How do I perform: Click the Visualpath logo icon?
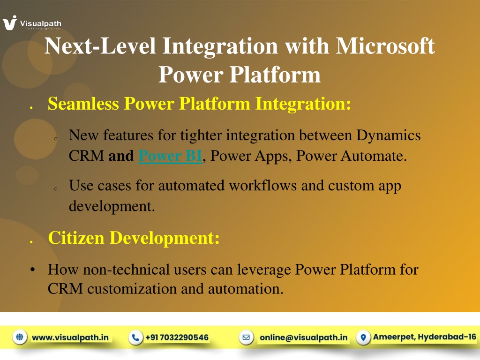tap(10, 23)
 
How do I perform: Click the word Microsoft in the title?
tap(385, 46)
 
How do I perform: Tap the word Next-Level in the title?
tap(100, 46)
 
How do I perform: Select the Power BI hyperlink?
tap(170, 156)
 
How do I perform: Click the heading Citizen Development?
tap(134, 238)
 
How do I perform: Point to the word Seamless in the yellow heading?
tap(83, 104)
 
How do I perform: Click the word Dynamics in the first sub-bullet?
tap(389, 135)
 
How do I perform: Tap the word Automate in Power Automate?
tap(374, 156)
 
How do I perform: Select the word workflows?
tap(262, 186)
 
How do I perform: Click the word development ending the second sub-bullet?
tap(112, 206)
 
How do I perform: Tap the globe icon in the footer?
tap(20, 337)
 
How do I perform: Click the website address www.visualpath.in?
tap(70, 337)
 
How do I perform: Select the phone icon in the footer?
tap(135, 337)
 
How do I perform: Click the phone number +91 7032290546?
tap(177, 337)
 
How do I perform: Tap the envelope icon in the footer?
tap(246, 337)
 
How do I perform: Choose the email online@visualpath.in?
tap(303, 337)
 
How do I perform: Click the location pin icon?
tap(363, 337)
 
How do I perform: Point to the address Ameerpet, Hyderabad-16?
tap(425, 337)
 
